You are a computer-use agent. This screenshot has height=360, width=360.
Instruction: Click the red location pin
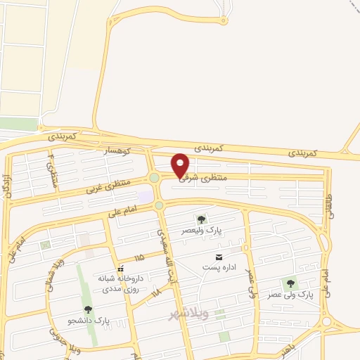[181, 165]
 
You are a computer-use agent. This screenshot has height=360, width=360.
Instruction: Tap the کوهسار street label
[117, 150]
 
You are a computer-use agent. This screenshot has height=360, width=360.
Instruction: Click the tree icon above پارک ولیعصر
[202, 219]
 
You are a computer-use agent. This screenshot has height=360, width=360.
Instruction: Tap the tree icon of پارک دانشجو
[88, 309]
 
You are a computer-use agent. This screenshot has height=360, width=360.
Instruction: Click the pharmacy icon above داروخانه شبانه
[121, 269]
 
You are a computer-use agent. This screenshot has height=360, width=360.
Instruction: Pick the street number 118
[156, 290]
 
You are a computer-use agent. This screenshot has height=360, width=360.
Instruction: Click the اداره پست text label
[216, 267]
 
